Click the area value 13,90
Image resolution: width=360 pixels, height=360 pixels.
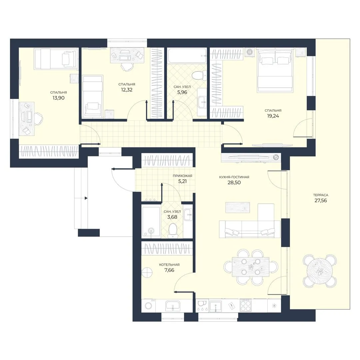click(59, 98)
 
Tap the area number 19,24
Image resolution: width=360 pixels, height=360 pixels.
click(273, 116)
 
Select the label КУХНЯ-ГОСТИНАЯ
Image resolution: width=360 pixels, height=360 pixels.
click(234, 177)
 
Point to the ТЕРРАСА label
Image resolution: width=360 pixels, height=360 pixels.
click(321, 195)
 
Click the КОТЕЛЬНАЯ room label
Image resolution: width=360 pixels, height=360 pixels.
click(169, 264)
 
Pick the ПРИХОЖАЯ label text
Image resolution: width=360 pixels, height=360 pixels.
click(183, 176)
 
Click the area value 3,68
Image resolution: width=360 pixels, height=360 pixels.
click(172, 217)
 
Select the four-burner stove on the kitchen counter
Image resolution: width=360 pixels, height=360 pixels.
click(246, 305)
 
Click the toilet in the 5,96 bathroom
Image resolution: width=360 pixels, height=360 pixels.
click(198, 75)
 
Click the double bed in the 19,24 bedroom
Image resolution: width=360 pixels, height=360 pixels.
click(275, 70)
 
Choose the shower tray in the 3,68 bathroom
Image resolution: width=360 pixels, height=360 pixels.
click(151, 221)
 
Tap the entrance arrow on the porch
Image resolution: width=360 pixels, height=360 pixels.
click(86, 198)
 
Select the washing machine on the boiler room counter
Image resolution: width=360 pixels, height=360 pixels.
click(149, 306)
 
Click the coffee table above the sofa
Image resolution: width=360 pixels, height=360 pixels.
click(238, 207)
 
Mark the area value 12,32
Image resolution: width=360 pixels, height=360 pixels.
click(127, 90)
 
